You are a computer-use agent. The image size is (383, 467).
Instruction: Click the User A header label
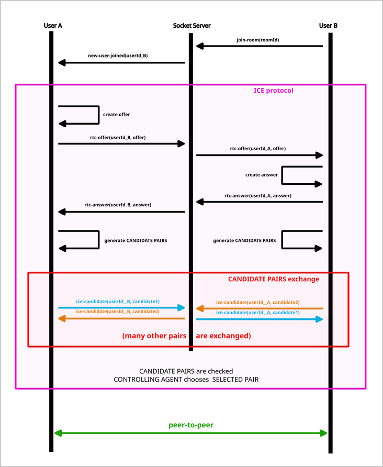click(x=53, y=26)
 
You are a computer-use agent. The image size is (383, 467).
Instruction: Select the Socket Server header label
click(x=191, y=26)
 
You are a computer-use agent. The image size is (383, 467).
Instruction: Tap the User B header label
click(x=328, y=26)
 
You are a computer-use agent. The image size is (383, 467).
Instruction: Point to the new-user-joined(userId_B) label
click(x=118, y=55)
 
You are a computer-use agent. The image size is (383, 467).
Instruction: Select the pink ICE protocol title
click(x=273, y=91)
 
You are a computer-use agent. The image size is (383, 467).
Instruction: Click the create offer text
click(x=116, y=114)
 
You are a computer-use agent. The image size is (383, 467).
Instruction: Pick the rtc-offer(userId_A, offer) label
click(x=258, y=149)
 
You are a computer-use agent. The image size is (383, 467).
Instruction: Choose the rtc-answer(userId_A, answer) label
click(x=258, y=195)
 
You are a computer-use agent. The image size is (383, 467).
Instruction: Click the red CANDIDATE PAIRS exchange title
click(x=273, y=279)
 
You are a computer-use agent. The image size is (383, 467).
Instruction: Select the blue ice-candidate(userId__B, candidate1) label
click(x=118, y=302)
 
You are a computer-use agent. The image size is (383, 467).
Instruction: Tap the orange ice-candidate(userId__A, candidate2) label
click(x=258, y=303)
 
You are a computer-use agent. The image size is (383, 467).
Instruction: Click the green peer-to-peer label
click(x=190, y=425)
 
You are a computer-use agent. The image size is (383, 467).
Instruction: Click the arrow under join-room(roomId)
click(x=259, y=47)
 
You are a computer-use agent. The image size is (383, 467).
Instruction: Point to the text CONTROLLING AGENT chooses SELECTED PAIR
click(x=186, y=380)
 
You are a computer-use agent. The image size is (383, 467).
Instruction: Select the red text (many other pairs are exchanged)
click(x=186, y=335)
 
